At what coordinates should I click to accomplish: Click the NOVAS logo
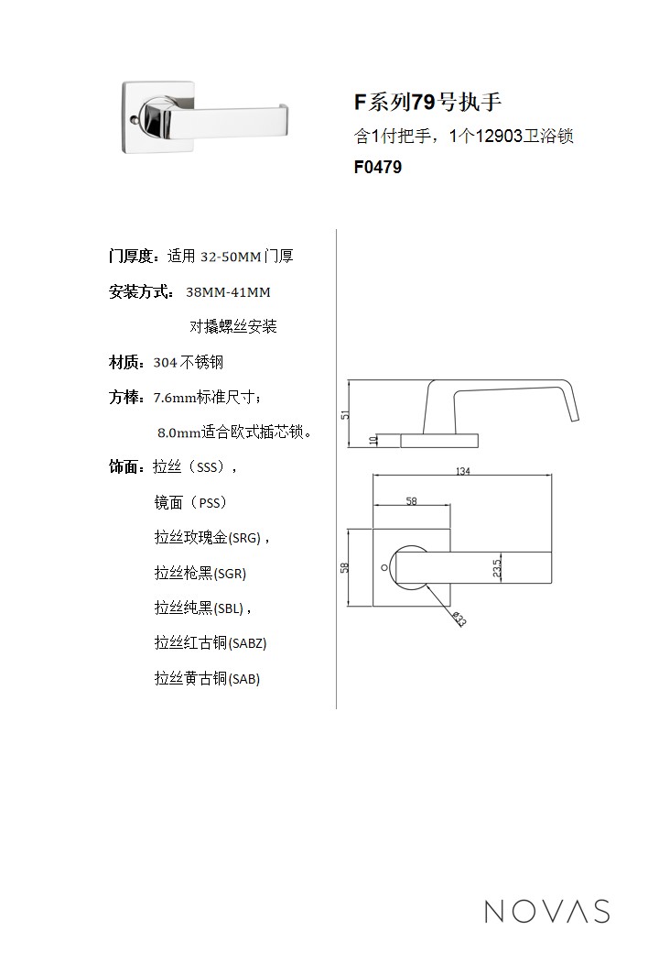tap(546, 911)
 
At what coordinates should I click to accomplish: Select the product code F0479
tap(377, 168)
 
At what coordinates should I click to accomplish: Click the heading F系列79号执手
tap(427, 102)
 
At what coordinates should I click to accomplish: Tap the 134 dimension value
tap(462, 471)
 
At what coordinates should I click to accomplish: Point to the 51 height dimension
tap(345, 414)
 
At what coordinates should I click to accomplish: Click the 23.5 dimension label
tap(496, 569)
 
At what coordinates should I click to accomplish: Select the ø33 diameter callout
tap(459, 619)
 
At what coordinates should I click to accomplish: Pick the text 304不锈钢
tap(189, 363)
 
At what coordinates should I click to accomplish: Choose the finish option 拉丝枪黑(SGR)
tap(200, 574)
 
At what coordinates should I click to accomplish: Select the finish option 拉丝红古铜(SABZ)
tap(211, 643)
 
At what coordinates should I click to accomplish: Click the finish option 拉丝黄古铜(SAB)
tap(207, 679)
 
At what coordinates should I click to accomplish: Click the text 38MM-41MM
tap(228, 292)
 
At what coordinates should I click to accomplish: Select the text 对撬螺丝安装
tap(233, 326)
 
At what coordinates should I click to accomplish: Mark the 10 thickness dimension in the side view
tap(373, 441)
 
